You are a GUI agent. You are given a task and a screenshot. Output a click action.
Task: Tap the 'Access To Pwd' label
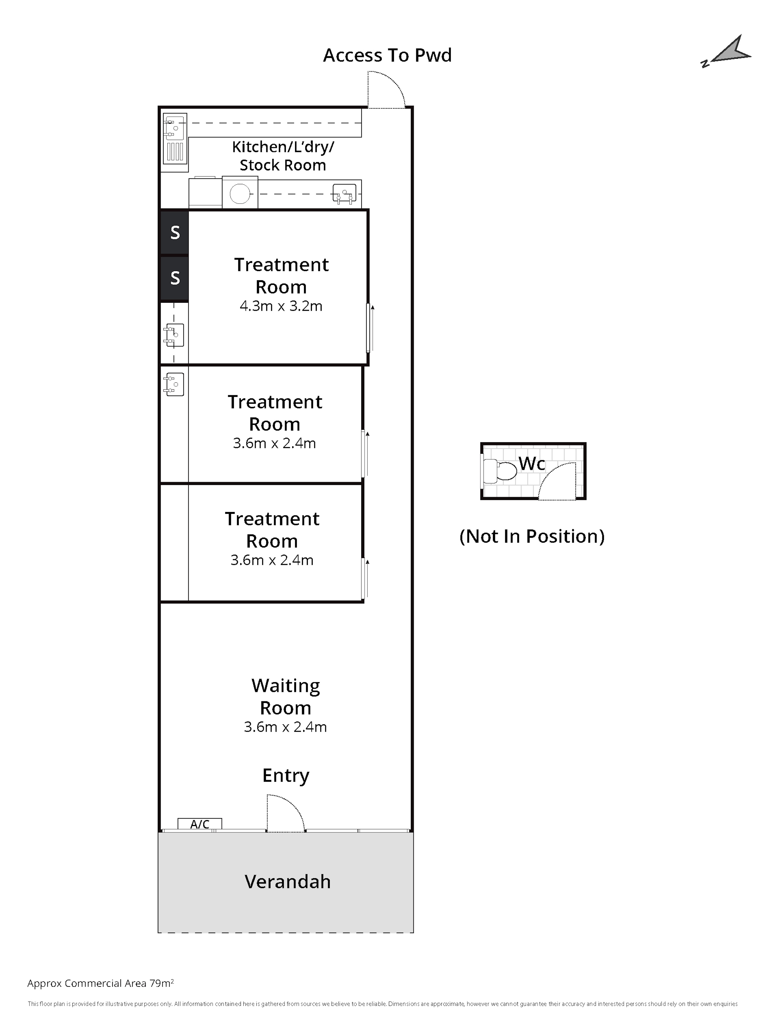click(x=387, y=55)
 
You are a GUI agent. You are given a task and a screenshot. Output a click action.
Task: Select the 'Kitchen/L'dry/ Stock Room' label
click(x=283, y=156)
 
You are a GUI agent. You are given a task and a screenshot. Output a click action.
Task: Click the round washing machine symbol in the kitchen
click(x=240, y=193)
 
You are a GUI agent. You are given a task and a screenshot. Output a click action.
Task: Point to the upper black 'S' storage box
click(x=175, y=232)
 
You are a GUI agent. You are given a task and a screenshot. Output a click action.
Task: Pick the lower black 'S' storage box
click(x=175, y=278)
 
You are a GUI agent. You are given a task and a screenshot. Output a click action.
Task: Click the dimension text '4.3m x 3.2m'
click(x=281, y=306)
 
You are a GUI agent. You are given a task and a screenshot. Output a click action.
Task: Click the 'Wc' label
click(x=532, y=463)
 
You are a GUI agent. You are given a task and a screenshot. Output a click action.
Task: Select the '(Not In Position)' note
click(x=532, y=536)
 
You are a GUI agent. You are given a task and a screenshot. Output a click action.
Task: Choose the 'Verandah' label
click(x=287, y=881)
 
